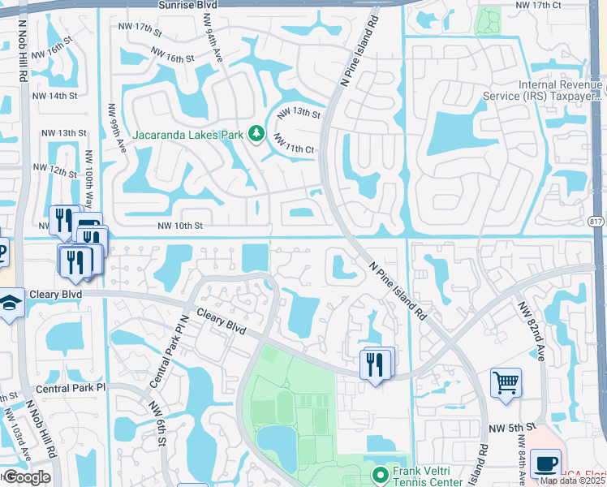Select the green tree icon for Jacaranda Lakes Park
coord(256,133)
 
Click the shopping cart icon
coord(506,381)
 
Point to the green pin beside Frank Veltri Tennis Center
coord(377,472)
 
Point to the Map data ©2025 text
coord(572,481)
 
